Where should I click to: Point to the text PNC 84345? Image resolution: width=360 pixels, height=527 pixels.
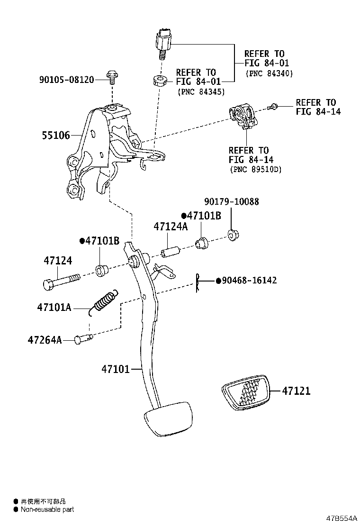tap(201, 91)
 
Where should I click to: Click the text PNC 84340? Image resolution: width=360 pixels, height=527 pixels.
tap(269, 73)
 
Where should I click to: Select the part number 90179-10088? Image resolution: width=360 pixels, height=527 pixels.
tap(232, 201)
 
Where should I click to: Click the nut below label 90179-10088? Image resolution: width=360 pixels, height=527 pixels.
tap(233, 234)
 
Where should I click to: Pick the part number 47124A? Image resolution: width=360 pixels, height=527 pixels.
tap(170, 227)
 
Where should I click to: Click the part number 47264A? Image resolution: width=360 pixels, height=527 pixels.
tap(45, 340)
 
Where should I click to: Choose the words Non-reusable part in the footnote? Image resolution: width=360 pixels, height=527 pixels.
tap(47, 509)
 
